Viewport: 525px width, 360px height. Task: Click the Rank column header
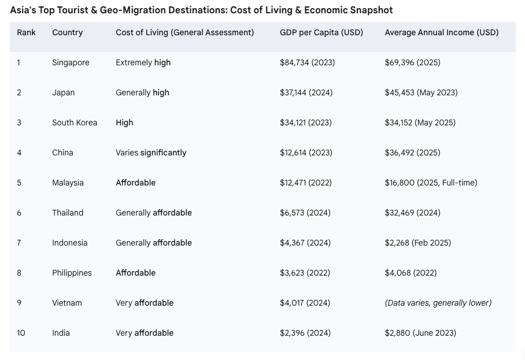coord(26,32)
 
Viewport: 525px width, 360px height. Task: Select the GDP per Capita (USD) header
coord(321,32)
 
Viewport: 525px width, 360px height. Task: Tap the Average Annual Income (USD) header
coord(442,32)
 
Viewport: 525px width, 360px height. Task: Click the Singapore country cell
coord(71,62)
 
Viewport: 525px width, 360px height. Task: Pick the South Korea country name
coord(75,123)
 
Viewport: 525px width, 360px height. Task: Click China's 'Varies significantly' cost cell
coord(151,153)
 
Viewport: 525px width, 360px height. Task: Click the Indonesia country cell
coord(69,243)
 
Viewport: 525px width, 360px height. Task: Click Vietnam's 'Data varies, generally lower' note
coord(438,303)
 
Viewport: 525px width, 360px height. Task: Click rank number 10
coord(21,333)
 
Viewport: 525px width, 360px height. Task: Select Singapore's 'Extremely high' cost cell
coord(143,62)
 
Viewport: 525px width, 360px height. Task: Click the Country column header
coord(67,32)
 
